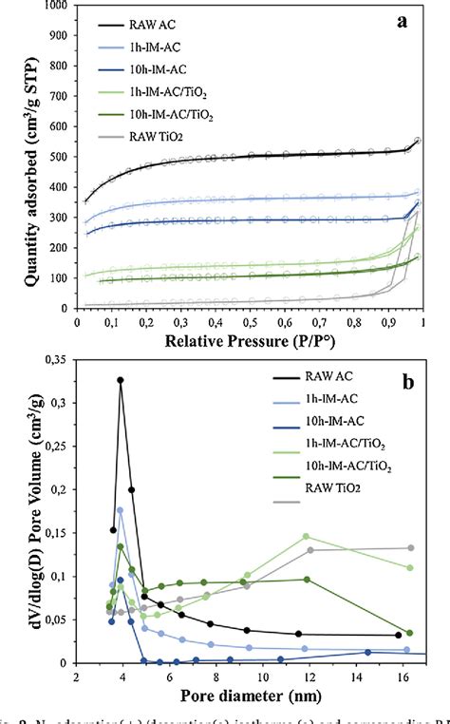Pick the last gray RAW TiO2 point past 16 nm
click(409, 547)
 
